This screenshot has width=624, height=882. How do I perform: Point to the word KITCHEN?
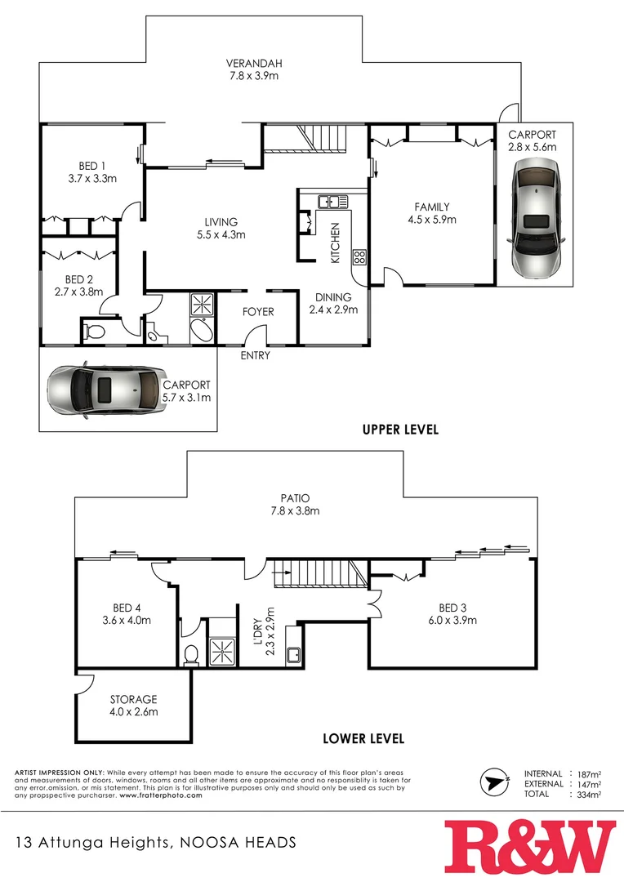coord(334,243)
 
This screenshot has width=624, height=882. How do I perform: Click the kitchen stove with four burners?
coord(359,257)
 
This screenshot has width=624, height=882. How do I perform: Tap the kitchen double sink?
coord(333,201)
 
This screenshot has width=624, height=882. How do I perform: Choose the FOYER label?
coord(258,312)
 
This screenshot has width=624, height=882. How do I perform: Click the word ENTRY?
coord(255,356)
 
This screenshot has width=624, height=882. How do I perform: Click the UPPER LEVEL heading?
coord(400,430)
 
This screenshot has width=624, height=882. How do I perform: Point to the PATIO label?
coord(296,497)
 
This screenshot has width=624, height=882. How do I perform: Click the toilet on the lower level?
coord(190,654)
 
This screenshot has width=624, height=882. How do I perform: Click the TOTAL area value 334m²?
coord(590,794)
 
